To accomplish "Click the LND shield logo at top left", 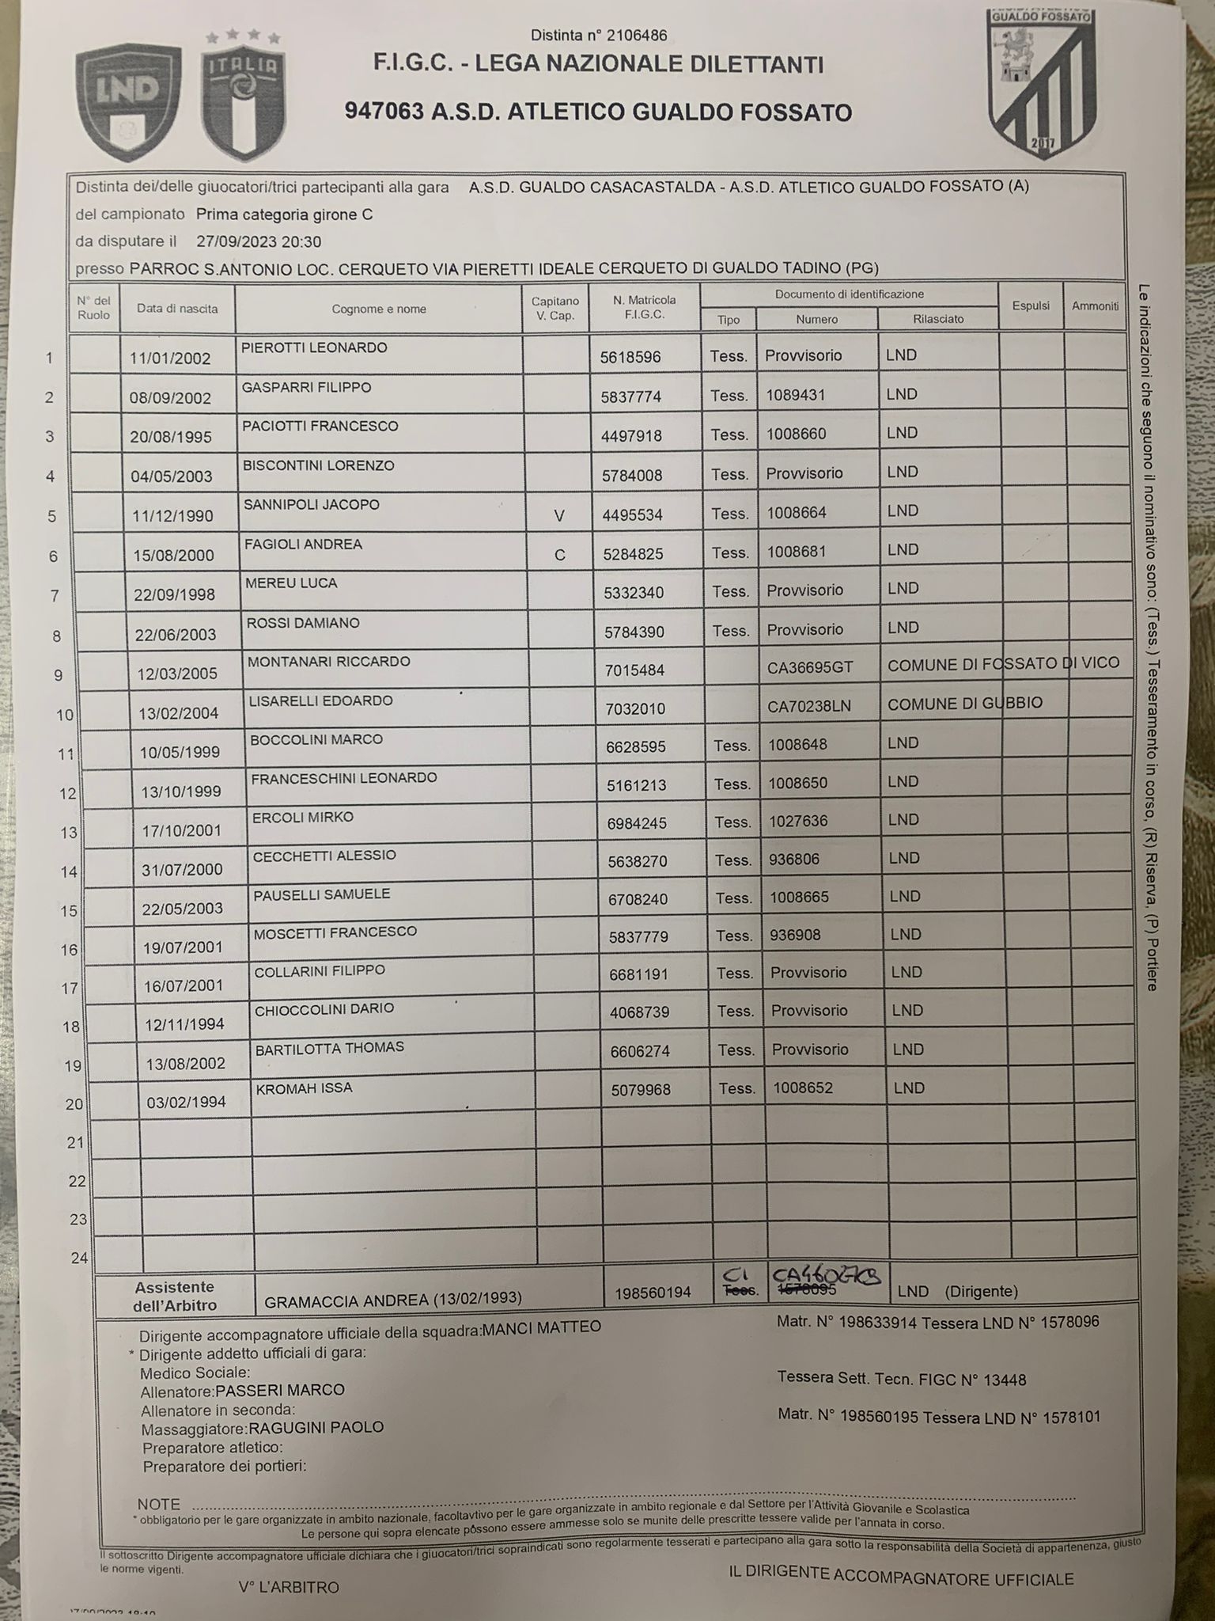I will coord(128,93).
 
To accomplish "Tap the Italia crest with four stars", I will coord(243,95).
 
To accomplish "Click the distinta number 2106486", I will coord(599,36).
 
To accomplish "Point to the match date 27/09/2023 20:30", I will coord(259,241).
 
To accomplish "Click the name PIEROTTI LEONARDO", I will coord(314,347).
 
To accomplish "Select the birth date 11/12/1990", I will coord(173,515).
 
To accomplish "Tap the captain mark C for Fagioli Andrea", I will coord(559,555).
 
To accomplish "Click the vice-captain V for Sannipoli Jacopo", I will coord(559,516).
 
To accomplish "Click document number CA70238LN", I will coord(809,705).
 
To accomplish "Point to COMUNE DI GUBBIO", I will coord(965,703).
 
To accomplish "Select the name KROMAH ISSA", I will coord(304,1088).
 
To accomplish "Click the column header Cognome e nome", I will coord(379,309).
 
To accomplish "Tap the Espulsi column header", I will coord(1031,306).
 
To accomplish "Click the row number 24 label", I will coord(78,1258).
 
